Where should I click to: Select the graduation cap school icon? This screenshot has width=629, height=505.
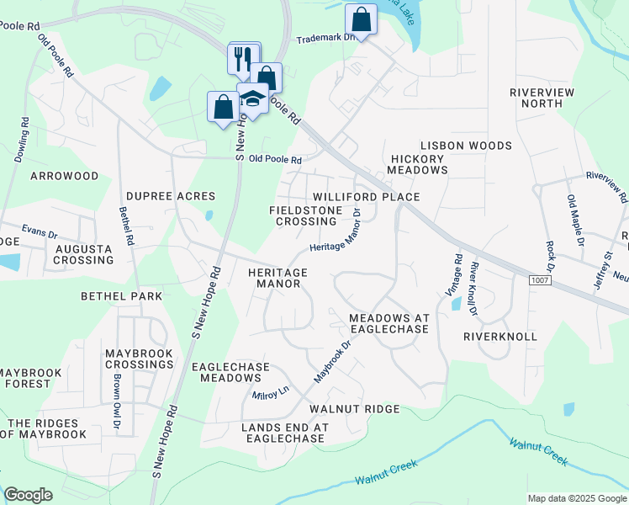click(251, 99)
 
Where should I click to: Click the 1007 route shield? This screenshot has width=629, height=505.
click(542, 279)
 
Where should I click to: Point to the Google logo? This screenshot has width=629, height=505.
click(28, 495)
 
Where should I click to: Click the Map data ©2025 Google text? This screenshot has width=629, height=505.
click(576, 498)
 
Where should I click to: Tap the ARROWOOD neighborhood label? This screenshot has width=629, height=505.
click(64, 177)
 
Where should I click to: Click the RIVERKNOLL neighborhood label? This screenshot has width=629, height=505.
click(499, 336)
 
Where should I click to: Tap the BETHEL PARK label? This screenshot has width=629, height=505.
click(121, 296)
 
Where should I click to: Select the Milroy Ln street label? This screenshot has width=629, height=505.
click(270, 393)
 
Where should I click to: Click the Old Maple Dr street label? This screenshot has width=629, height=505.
click(575, 220)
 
